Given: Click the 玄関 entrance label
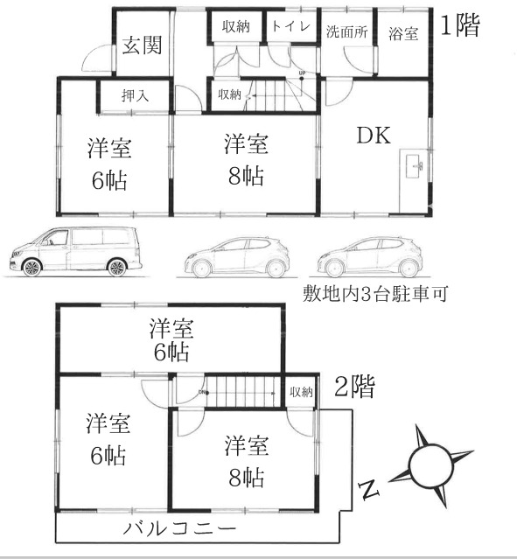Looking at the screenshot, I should (141, 45).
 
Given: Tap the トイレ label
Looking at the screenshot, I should (290, 26).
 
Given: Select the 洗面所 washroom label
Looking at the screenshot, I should (346, 32).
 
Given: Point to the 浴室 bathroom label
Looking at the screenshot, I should (402, 33).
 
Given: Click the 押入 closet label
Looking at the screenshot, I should (135, 94).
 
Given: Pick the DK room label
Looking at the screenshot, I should (374, 136).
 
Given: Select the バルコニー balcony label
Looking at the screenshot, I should (179, 528).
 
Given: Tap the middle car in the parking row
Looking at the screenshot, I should (236, 255).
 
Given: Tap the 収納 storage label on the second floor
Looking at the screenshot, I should (300, 392).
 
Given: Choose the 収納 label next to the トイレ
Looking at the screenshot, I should (235, 26).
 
